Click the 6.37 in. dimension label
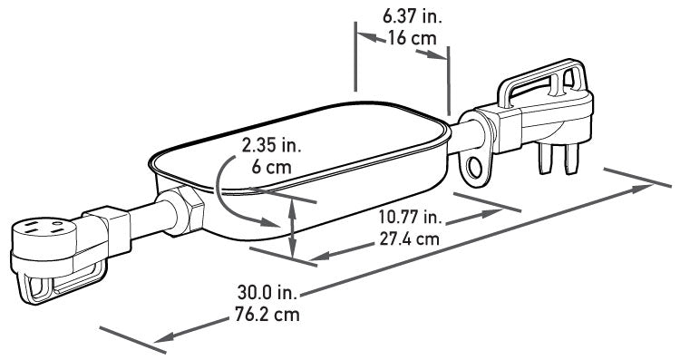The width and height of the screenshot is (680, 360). (x=412, y=17)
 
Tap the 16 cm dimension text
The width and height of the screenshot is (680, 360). (x=412, y=38)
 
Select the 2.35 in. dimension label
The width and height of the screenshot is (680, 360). (x=271, y=146)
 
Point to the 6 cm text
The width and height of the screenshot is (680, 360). (x=271, y=167)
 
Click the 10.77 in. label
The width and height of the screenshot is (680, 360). (x=410, y=217)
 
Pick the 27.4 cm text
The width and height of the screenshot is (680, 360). (x=410, y=238)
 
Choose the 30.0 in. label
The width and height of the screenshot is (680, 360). (x=267, y=292)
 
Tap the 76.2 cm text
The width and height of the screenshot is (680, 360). (x=267, y=314)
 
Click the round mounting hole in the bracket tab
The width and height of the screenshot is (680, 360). (x=474, y=167)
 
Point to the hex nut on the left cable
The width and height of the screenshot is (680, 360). (x=187, y=211)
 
